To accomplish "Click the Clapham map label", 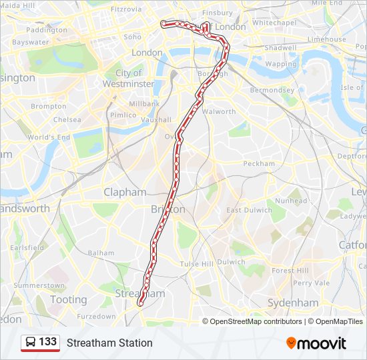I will coord(125,192).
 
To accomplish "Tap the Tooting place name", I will coord(68,299).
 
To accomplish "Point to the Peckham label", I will coord(259,163).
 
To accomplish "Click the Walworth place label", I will coord(218,111).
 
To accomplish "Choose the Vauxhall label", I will coord(156,120).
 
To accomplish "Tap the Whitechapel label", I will coord(274,22).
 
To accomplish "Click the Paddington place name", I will coord(47,30).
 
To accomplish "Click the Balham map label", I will coord(101,253).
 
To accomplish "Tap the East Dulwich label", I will coord(249,210).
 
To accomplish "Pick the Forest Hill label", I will coord(290,271).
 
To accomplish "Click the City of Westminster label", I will coord(129,79).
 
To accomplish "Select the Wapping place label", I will coord(280,64).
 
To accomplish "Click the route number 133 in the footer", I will coord(47,342).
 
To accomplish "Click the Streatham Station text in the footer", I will coord(109,343).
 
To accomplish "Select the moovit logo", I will coord(316,343).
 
